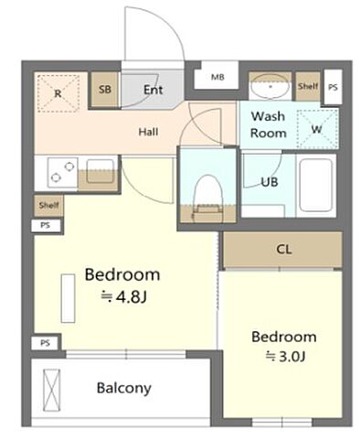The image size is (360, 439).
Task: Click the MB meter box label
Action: click(217, 77)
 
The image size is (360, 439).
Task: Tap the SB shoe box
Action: click(105, 90)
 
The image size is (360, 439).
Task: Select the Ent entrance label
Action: click(153, 90)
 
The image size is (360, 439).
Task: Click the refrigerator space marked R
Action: click(58, 93)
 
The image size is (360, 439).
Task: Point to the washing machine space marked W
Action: click(317, 129)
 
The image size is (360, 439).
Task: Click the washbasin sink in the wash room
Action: click(270, 86)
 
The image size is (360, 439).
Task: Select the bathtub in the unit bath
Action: click(315, 185)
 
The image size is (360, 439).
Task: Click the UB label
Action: click(270, 182)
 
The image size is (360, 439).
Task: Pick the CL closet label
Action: click(284, 250)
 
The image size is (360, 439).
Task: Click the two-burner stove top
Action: click(62, 172)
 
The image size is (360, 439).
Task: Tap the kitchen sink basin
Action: click(100, 171)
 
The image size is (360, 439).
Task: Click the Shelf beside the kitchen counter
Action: click(48, 206)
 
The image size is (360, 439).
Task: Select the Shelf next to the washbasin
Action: click(308, 86)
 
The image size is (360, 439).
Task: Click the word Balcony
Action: click(124, 388)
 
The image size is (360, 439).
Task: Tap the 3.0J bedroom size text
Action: click(285, 356)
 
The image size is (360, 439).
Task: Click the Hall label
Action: click(148, 132)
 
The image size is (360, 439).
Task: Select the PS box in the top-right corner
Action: click(333, 87)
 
